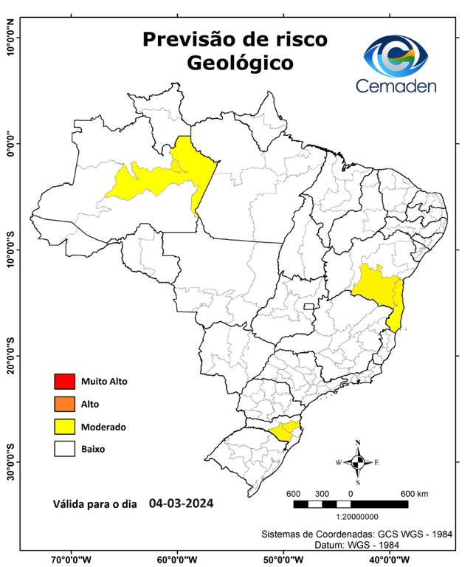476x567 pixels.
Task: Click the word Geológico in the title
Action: [x=239, y=63]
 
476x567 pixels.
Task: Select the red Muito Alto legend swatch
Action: [x=64, y=382]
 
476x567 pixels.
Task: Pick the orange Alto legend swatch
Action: [x=64, y=404]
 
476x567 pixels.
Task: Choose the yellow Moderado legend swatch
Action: [x=64, y=427]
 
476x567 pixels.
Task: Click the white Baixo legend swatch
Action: [x=64, y=449]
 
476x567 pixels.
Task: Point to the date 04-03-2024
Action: [x=181, y=504]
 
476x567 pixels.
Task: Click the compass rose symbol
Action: [x=358, y=462]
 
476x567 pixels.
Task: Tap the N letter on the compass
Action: [x=358, y=443]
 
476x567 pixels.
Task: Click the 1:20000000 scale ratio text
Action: [x=357, y=517]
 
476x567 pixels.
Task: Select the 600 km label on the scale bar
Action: [x=413, y=493]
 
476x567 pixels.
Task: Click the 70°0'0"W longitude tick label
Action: [x=71, y=559]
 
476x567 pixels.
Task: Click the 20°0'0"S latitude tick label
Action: [x=11, y=355]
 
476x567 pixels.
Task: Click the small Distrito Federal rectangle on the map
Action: [x=308, y=304]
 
